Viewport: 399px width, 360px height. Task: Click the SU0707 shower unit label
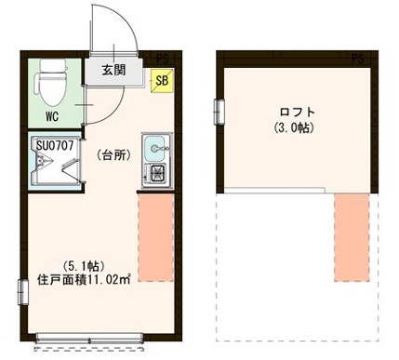(x=54, y=145)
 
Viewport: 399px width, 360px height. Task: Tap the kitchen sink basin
(x=155, y=146)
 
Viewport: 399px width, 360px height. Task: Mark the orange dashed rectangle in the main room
(x=155, y=236)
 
